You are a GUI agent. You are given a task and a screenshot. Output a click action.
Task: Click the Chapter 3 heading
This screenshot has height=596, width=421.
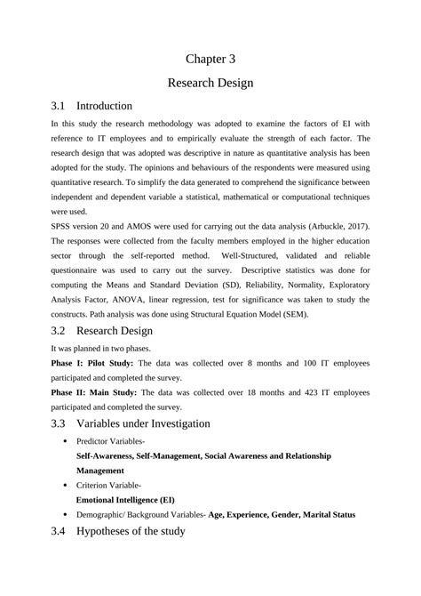click(210, 59)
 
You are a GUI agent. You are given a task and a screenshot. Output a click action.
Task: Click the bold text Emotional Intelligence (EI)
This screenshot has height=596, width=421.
click(124, 500)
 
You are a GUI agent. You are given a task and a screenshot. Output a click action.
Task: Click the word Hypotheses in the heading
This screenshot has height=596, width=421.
click(111, 533)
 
